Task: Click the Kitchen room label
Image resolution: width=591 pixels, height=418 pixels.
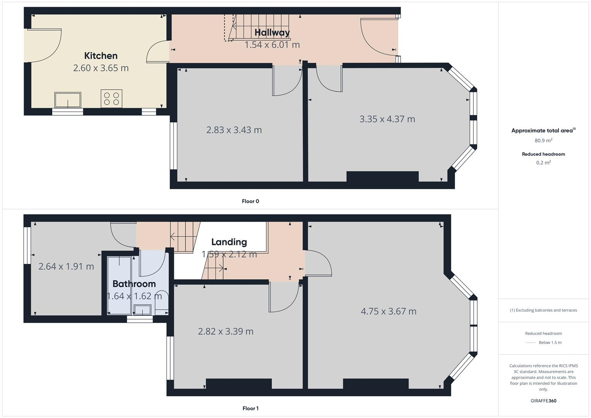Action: [101, 56]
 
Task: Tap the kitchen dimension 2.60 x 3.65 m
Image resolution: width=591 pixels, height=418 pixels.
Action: [101, 68]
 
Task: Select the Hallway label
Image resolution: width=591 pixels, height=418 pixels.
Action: [272, 33]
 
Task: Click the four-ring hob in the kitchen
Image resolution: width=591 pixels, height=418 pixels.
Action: [111, 98]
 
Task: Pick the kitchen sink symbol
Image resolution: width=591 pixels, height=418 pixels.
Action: [68, 100]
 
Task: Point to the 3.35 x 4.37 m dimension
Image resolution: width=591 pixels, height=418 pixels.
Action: [387, 119]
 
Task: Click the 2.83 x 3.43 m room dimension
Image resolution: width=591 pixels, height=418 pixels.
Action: [234, 130]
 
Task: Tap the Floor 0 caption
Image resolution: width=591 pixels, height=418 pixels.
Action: [250, 201]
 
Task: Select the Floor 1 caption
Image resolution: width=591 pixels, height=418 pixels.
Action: [250, 408]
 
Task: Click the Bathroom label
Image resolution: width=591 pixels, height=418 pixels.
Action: [134, 284]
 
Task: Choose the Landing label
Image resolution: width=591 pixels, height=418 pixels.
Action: [229, 242]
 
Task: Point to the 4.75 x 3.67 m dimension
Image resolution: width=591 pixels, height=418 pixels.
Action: [389, 312]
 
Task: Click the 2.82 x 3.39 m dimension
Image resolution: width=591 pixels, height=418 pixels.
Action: [226, 332]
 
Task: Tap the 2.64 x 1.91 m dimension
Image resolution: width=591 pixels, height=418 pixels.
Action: [66, 267]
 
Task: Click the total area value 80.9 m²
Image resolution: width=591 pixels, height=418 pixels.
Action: [543, 140]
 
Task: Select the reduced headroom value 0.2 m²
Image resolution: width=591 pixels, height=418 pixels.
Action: [543, 163]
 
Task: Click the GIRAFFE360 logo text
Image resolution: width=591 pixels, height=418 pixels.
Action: [543, 401]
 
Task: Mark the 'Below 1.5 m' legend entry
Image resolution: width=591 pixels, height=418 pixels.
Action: [550, 343]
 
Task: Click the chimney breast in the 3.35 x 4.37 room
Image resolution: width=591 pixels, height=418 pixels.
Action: [382, 176]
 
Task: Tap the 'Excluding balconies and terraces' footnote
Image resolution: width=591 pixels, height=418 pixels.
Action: [543, 310]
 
